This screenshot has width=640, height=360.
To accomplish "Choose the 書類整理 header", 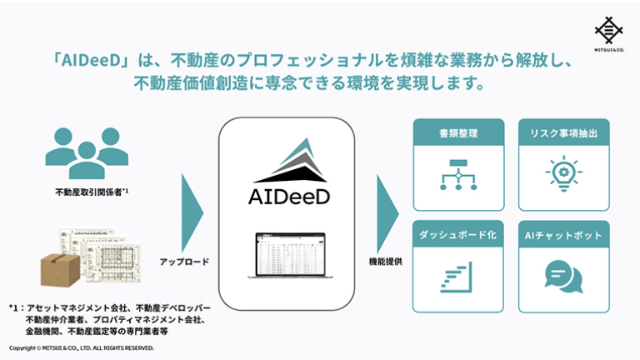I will (x=457, y=132).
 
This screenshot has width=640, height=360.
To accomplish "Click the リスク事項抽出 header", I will (x=562, y=132).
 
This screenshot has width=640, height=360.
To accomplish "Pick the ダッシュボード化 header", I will (x=457, y=235).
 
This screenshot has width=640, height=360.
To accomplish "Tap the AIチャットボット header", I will (x=562, y=235).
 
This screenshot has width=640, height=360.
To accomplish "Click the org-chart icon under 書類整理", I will (x=457, y=174).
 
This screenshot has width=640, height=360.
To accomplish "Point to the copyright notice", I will (x=82, y=347).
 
